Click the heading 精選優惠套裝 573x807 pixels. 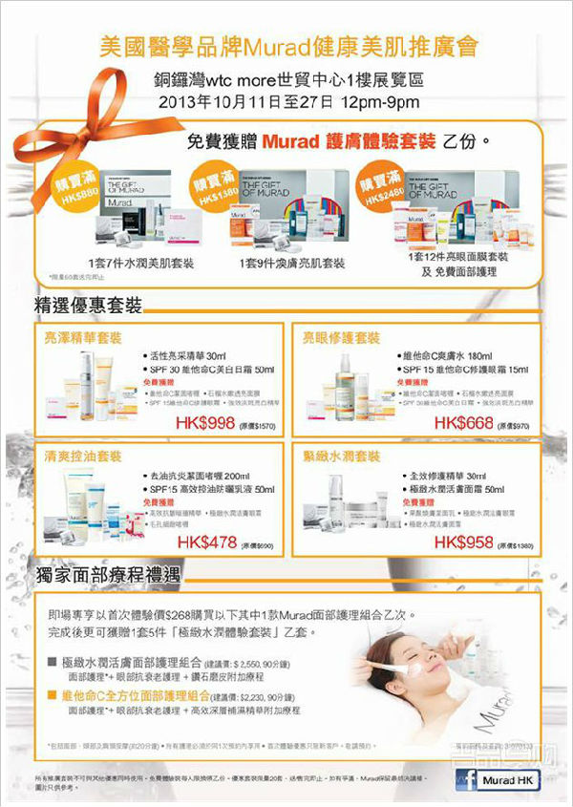(x=88, y=305)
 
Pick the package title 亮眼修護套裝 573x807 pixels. (x=341, y=338)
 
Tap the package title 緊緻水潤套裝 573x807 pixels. (x=341, y=456)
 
